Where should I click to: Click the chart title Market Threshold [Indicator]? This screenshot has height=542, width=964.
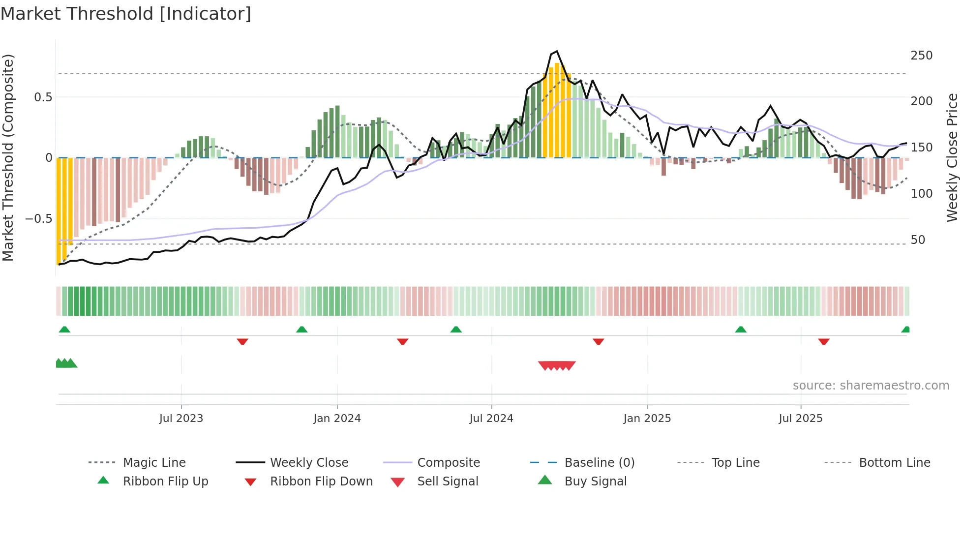(126, 14)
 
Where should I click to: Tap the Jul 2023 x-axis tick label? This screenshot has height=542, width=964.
(181, 419)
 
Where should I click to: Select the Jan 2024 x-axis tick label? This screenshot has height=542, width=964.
(337, 419)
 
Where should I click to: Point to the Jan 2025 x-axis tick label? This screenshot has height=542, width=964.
(647, 419)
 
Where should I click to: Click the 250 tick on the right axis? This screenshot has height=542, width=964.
(921, 56)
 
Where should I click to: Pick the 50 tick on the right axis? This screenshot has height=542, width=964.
(918, 240)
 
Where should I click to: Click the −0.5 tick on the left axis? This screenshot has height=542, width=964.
(38, 218)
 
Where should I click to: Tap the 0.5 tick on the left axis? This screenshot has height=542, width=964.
(43, 97)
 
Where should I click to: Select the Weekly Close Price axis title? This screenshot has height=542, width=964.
(952, 157)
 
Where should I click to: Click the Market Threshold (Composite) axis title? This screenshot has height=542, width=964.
(8, 157)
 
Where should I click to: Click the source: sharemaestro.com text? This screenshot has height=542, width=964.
(871, 386)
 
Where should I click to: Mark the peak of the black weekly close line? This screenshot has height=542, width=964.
(556, 51)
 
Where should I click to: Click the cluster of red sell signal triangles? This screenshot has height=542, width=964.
(557, 365)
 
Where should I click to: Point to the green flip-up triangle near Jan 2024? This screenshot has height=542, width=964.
(301, 330)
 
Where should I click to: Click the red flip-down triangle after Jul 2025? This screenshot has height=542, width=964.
(824, 341)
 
